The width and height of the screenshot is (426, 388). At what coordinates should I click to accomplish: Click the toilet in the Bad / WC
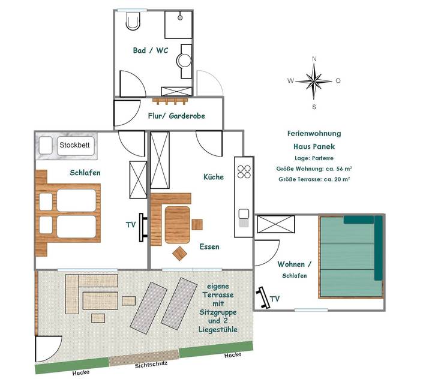[132, 22]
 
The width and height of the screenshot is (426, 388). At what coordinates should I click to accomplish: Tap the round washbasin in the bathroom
[185, 60]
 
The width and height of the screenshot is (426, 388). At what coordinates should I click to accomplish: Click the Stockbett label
[73, 145]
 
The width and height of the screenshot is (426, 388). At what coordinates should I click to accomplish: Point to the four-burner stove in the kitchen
[244, 172]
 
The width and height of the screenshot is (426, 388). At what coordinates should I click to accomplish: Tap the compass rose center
[314, 80]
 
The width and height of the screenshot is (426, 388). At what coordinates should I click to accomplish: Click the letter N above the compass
[314, 59]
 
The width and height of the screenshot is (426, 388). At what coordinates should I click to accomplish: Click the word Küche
[214, 177]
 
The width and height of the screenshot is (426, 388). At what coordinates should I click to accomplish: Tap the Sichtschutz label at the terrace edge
[152, 364]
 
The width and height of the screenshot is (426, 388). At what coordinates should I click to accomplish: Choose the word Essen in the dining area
[209, 246]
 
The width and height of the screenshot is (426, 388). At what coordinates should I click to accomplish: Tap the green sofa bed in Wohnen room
[350, 256]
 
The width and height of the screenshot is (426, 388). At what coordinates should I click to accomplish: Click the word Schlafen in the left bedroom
[85, 173]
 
